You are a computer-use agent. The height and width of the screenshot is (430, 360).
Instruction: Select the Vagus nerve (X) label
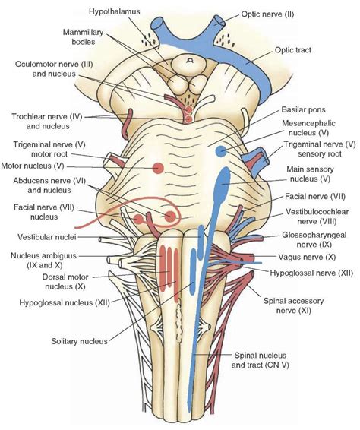(306, 256)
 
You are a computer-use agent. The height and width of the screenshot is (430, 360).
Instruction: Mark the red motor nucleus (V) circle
(159, 167)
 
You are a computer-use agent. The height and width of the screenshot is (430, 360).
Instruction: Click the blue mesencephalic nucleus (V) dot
(220, 152)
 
